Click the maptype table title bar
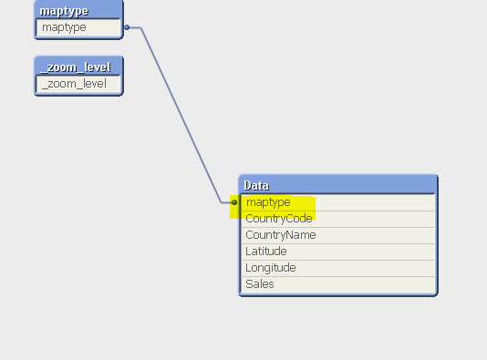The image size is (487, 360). [78, 10]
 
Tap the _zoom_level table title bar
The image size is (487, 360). [78, 67]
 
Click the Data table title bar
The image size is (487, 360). [337, 185]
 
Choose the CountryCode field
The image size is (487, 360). [279, 219]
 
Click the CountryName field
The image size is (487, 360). [281, 235]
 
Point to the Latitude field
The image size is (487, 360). [266, 252]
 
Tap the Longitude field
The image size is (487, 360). [271, 268]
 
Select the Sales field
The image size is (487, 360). [260, 284]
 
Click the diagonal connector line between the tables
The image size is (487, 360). [181, 114]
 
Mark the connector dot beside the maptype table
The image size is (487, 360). [127, 27]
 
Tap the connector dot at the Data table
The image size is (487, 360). [234, 202]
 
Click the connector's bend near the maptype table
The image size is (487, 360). [140, 28]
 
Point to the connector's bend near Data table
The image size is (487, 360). [221, 201]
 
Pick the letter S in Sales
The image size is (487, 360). [249, 284]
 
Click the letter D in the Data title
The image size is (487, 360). [248, 186]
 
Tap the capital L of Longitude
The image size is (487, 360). [248, 268]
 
